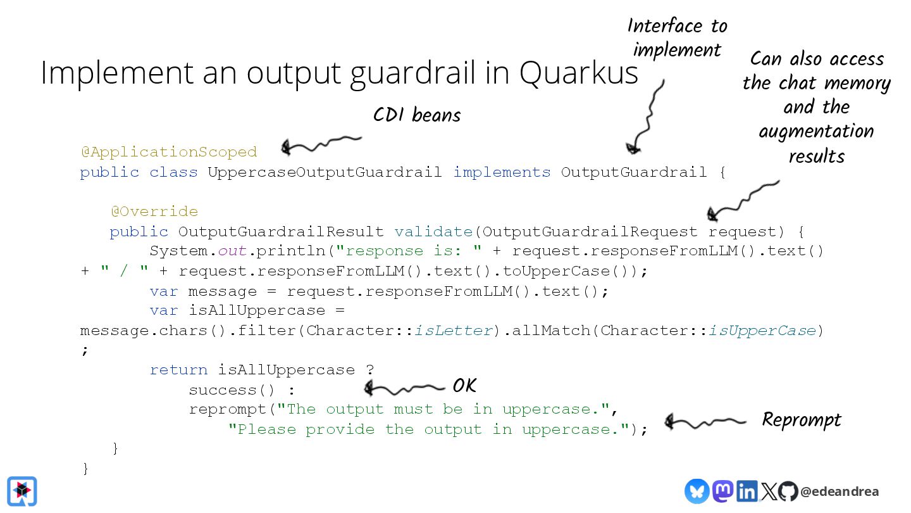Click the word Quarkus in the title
(579, 73)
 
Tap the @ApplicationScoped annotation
(169, 152)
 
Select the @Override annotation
(154, 211)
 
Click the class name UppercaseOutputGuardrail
(325, 172)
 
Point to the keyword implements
(502, 172)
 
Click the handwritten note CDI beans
(417, 115)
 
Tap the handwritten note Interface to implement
(677, 37)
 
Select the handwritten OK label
(464, 385)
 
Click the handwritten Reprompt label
(802, 420)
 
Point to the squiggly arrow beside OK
(405, 387)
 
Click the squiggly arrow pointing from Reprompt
(705, 421)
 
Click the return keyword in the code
(178, 369)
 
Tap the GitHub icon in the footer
(788, 491)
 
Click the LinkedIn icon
(747, 491)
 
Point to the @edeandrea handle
(840, 491)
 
